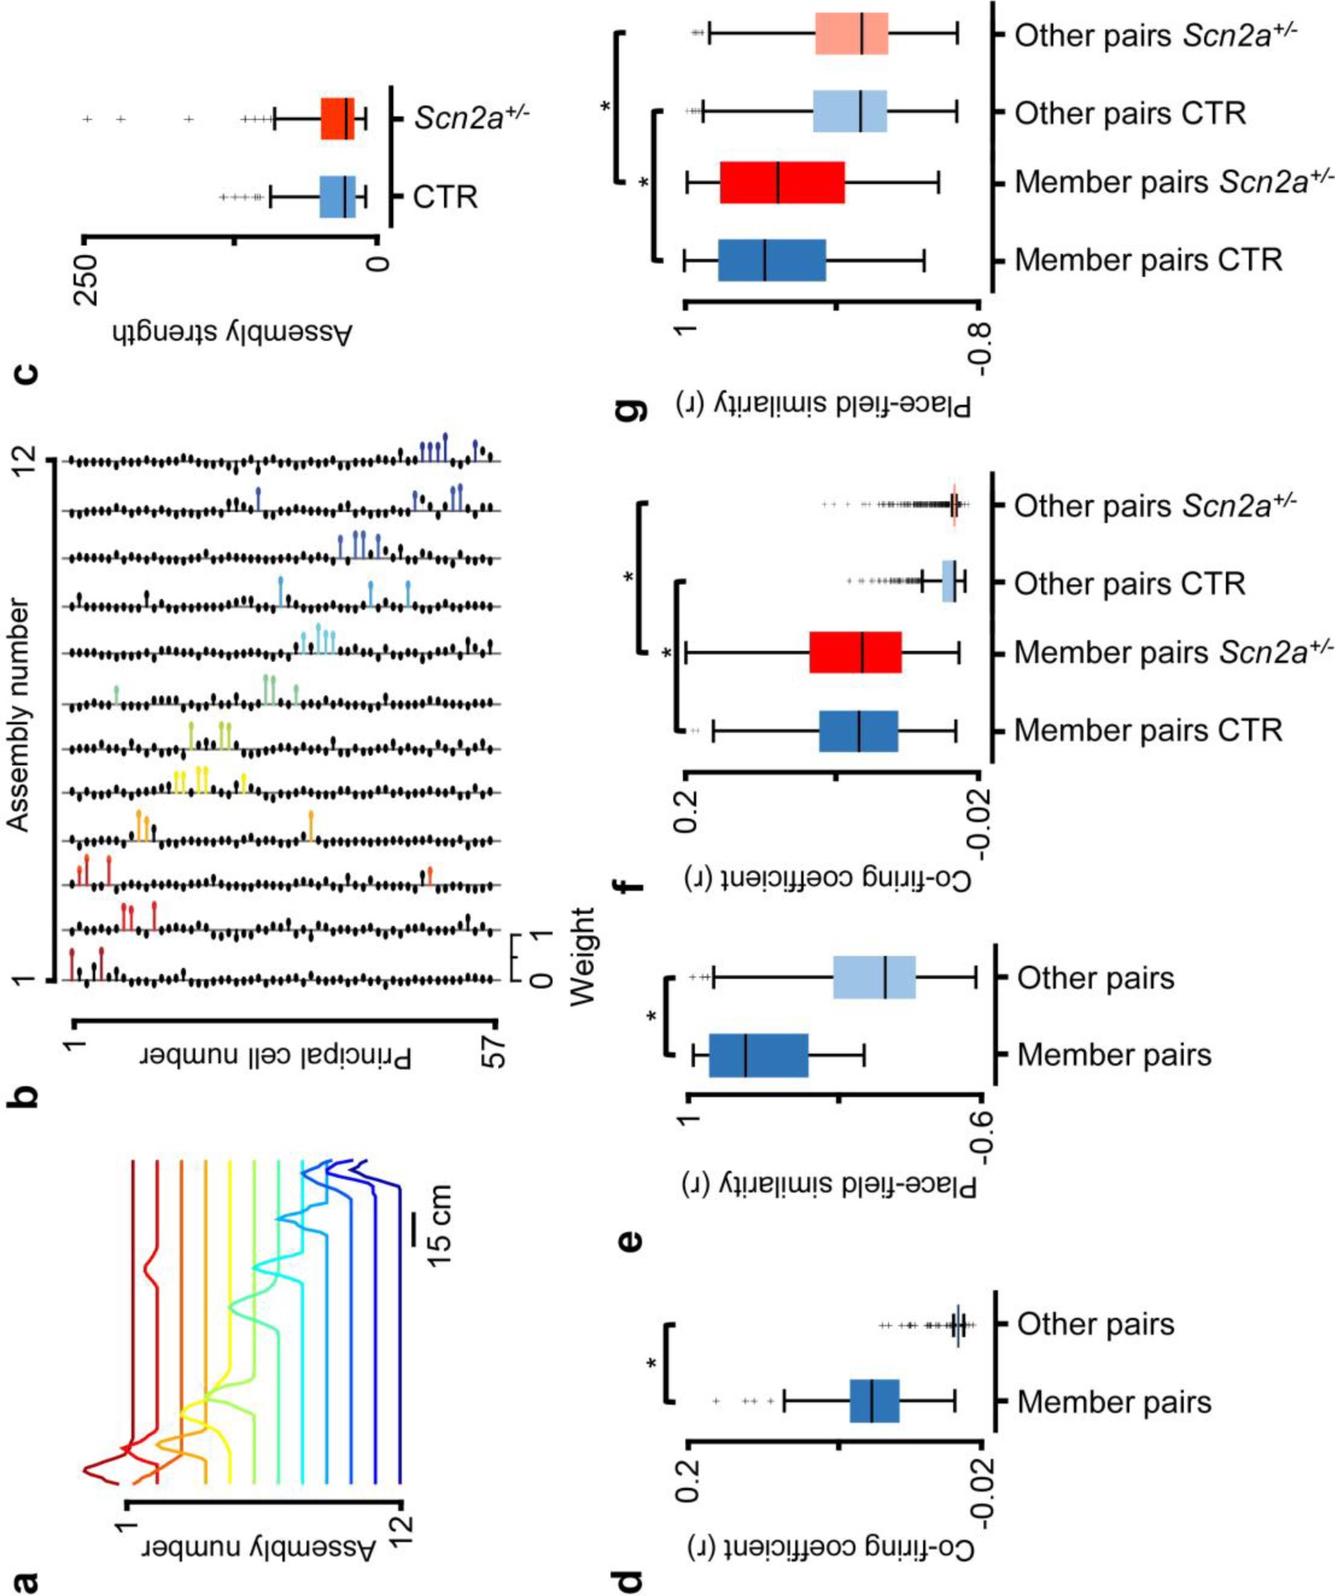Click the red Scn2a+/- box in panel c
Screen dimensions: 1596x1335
338,119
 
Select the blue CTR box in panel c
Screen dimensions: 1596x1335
338,197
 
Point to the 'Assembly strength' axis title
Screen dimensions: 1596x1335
232,332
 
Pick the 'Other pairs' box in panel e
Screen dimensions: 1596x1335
874,977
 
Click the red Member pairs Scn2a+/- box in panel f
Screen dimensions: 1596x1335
855,653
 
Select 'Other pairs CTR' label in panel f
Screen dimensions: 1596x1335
1129,583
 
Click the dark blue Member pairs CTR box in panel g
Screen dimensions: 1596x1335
772,260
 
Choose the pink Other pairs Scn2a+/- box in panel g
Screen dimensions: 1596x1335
851,34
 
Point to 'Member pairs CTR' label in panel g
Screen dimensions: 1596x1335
1148,260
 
